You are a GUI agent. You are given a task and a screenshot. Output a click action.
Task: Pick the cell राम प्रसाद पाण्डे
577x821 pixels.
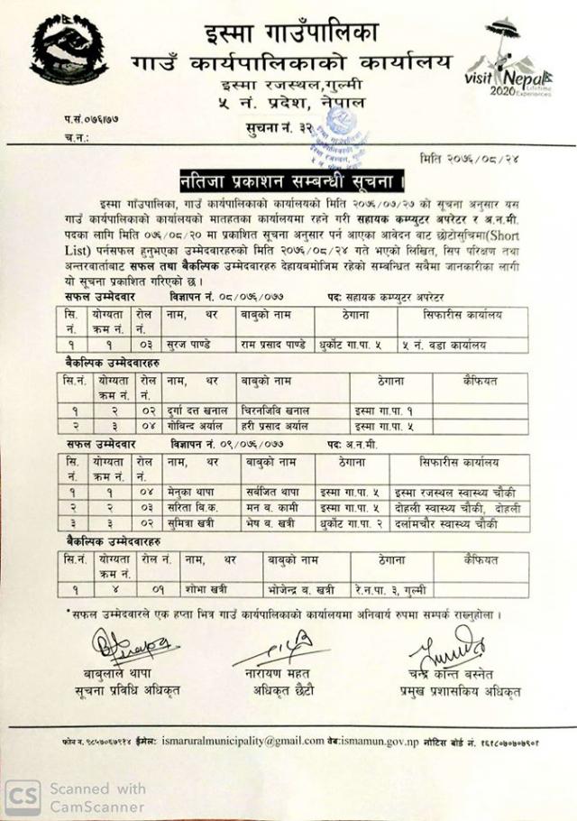(276, 345)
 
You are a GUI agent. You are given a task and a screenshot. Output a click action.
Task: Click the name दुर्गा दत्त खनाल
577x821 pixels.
(199, 410)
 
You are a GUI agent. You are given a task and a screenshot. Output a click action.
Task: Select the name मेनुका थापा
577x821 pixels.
(191, 493)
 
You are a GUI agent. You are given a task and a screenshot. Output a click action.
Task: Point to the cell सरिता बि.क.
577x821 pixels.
(192, 508)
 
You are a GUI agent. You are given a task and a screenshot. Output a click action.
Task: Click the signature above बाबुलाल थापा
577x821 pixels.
(133, 648)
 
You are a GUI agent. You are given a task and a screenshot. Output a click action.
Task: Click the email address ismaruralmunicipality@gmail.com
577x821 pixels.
(243, 741)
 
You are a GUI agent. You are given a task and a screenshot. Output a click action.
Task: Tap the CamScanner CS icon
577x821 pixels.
(23, 797)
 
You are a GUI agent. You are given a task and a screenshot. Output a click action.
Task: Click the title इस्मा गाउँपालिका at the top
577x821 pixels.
(289, 33)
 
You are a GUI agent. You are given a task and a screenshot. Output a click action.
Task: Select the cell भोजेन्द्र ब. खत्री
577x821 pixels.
(301, 590)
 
